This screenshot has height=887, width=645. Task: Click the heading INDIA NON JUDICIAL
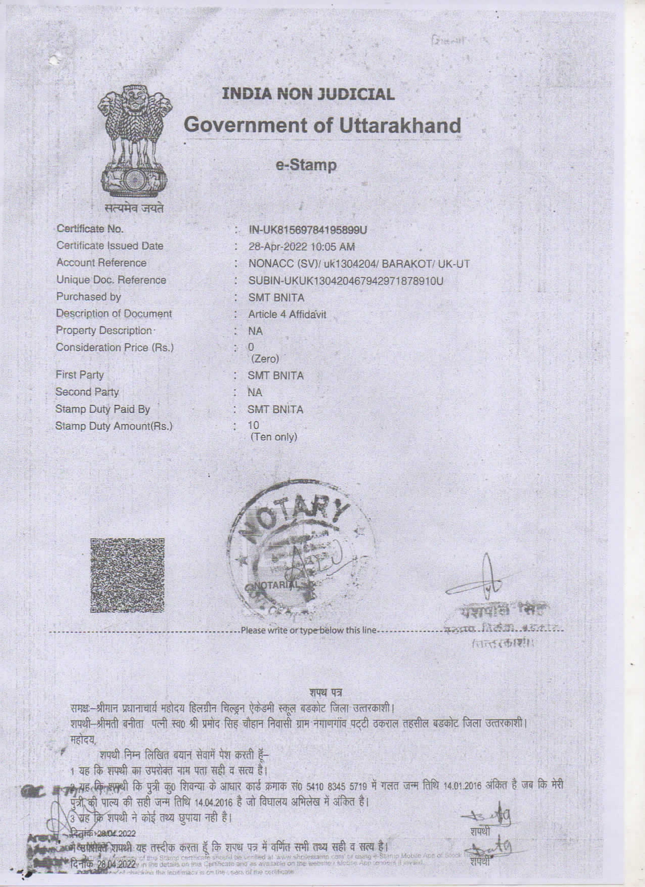(x=308, y=94)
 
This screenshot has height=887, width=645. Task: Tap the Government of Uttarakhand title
(x=323, y=125)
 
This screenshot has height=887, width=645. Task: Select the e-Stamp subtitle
(x=306, y=165)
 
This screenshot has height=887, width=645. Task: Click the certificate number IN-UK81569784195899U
(x=308, y=230)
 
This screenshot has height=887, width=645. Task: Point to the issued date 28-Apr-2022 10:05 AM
(x=302, y=247)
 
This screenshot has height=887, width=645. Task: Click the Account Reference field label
(x=101, y=263)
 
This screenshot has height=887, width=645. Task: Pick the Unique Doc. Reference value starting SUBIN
(x=346, y=281)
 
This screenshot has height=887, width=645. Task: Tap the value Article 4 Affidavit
(x=287, y=314)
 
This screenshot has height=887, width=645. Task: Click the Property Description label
(x=104, y=331)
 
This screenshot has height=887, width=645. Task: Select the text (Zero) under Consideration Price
(x=265, y=359)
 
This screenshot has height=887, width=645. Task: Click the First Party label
(x=79, y=375)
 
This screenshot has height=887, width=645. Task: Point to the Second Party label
(x=87, y=392)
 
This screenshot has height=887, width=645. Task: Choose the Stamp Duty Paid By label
(x=102, y=409)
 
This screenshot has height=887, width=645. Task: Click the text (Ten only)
(x=274, y=437)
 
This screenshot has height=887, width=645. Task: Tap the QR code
(x=127, y=575)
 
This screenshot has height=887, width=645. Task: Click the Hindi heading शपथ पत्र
(x=326, y=692)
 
